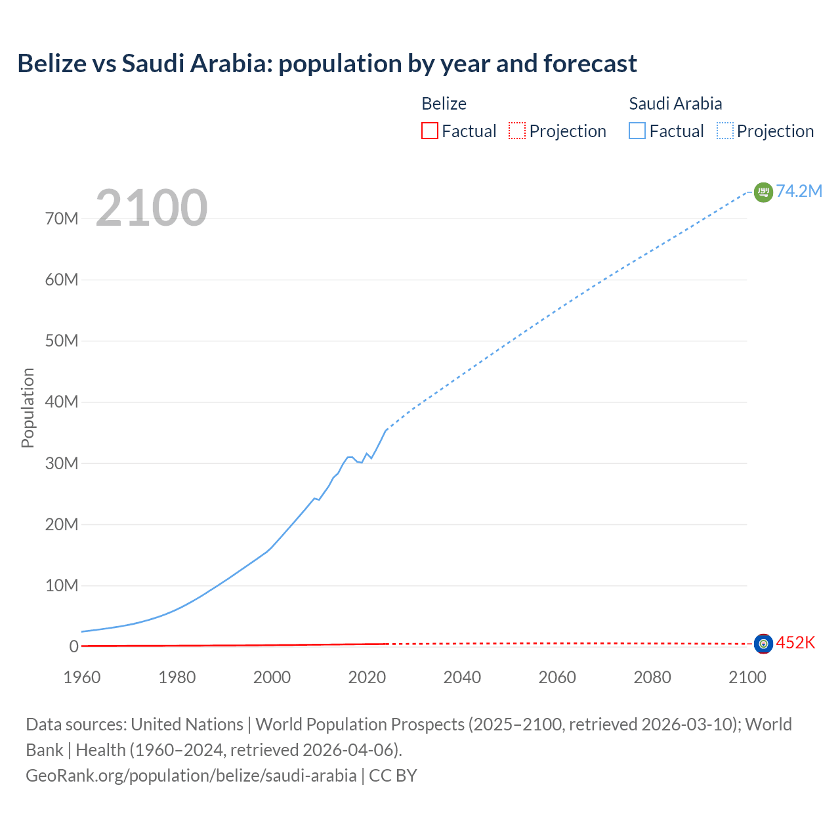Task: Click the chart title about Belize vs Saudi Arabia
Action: (x=327, y=64)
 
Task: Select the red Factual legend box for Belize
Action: (x=429, y=131)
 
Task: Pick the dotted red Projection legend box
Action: (x=517, y=131)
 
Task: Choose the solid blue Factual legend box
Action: (x=637, y=131)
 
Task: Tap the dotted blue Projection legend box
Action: (x=725, y=131)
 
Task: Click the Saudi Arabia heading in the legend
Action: (x=675, y=104)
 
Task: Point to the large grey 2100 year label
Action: (x=152, y=208)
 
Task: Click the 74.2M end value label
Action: (x=799, y=191)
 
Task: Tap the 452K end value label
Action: (x=795, y=642)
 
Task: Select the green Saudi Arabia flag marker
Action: (x=763, y=192)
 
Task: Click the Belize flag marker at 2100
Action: (x=763, y=644)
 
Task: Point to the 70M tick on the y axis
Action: (x=62, y=219)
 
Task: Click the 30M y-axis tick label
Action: (x=62, y=463)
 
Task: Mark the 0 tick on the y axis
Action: (x=73, y=646)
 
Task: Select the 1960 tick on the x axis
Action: (x=82, y=677)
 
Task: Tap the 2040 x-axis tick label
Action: (x=462, y=677)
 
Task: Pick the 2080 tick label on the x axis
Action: (x=652, y=677)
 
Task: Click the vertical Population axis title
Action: (x=28, y=408)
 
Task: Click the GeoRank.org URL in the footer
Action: (x=191, y=776)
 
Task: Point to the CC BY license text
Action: (x=393, y=776)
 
